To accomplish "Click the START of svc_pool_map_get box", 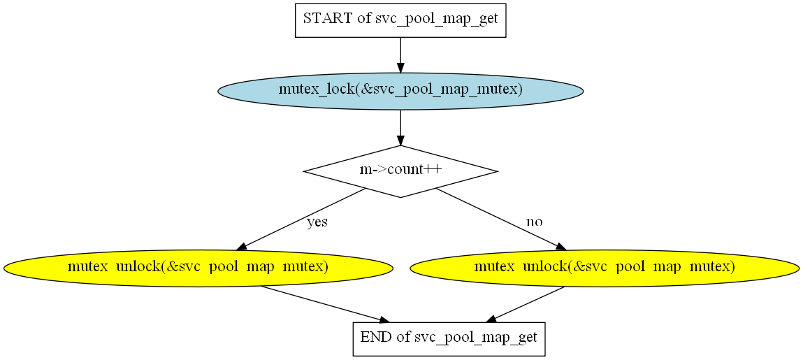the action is click(x=400, y=20).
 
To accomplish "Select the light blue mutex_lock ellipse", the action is click(x=400, y=91).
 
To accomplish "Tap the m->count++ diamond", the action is click(x=400, y=171).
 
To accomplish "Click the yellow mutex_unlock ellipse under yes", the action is click(x=198, y=268).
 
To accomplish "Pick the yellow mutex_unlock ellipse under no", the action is click(x=605, y=268).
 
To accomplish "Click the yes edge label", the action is click(x=317, y=222).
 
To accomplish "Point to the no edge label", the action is click(x=534, y=222).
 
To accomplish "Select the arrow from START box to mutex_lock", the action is click(x=400, y=55).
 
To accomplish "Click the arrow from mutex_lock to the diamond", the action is click(x=400, y=128).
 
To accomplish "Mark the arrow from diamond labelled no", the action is click(x=501, y=219).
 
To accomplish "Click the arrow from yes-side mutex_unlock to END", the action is click(x=326, y=304).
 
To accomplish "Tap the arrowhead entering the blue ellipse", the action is click(x=400, y=68).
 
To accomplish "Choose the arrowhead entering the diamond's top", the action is click(x=400, y=141).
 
